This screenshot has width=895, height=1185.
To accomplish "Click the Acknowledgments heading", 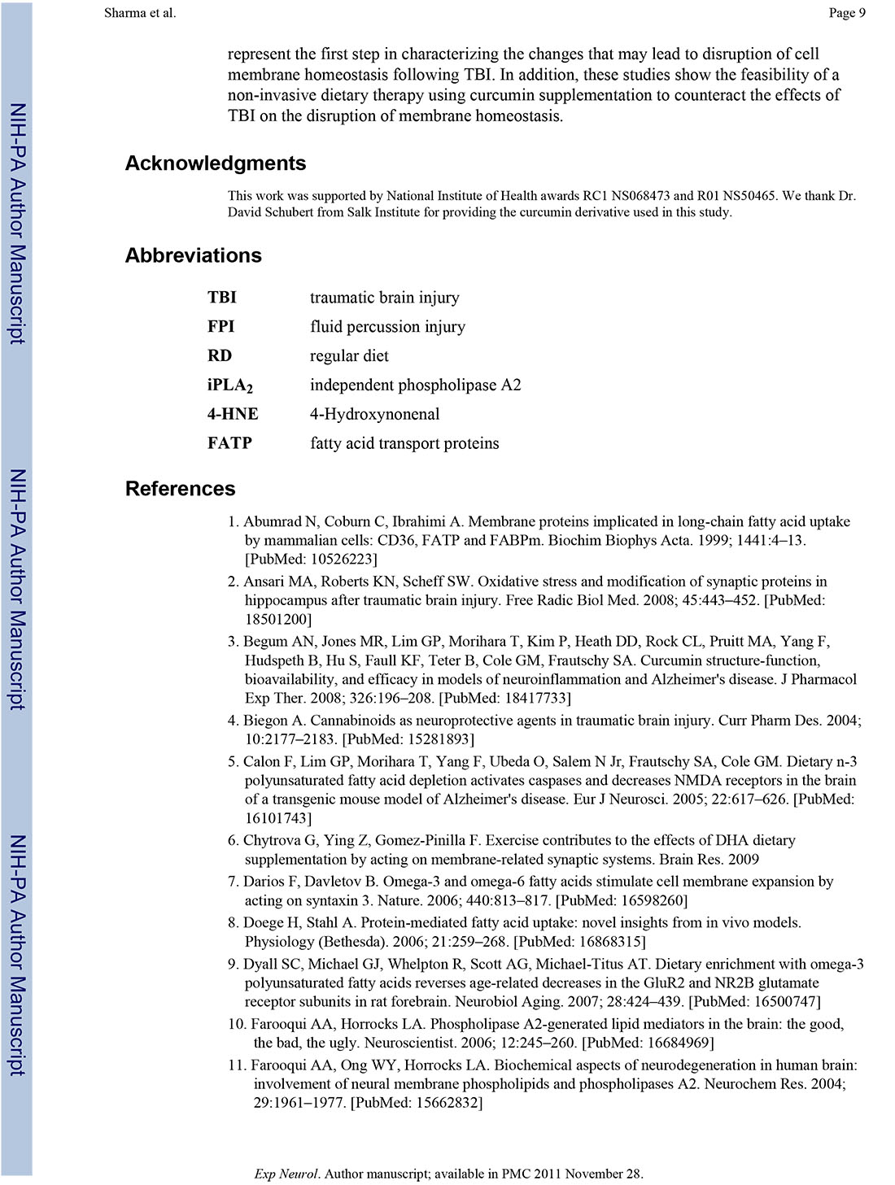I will pos(216,163).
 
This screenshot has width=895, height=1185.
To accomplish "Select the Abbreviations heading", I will pos(194,255).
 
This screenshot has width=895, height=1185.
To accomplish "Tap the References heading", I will pos(180,489).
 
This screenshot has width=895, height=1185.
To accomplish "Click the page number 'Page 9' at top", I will pos(847,12).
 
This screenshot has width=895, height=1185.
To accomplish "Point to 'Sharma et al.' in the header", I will pos(140,12).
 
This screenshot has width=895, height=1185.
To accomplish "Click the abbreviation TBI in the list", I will pos(221,298).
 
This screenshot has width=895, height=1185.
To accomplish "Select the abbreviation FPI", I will pos(220,327).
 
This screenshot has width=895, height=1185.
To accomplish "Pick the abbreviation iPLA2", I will pos(229,386).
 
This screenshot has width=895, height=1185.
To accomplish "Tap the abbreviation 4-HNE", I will pos(233,414).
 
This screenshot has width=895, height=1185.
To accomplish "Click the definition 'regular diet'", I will pos(349,356).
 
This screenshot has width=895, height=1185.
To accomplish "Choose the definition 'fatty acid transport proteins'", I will pos(404,443).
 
